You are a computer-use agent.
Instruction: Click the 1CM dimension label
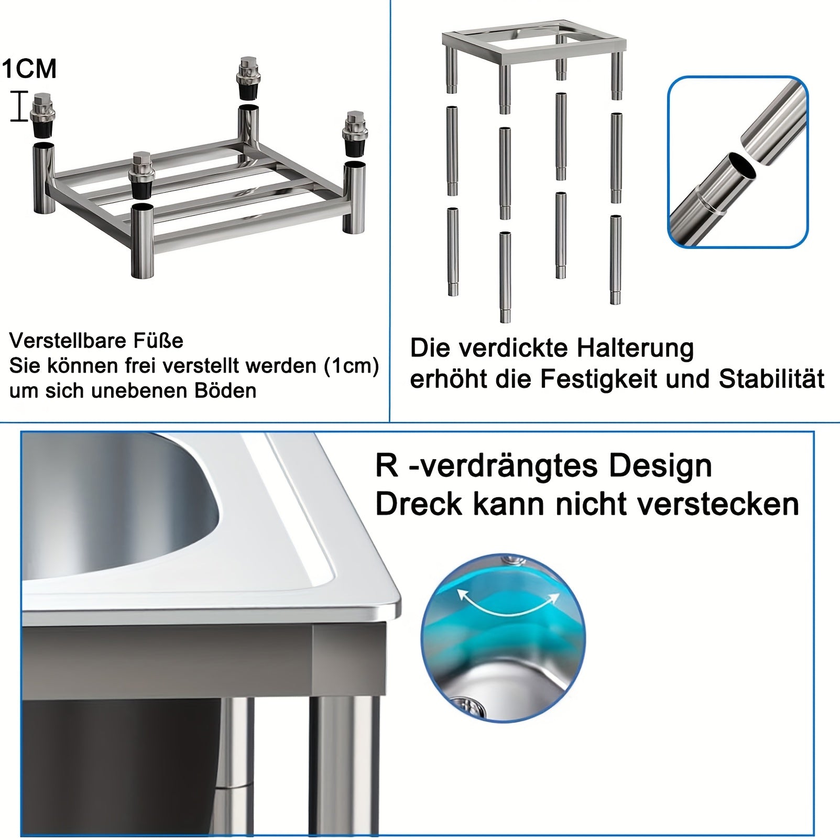point(29,69)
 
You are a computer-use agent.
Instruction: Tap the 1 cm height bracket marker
point(19,106)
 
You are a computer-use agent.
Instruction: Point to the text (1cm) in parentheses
point(352,366)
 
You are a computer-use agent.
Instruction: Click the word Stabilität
point(772,378)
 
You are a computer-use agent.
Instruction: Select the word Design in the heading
point(660,466)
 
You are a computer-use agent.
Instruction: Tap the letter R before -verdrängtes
point(387,465)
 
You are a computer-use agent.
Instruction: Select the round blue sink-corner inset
point(503,638)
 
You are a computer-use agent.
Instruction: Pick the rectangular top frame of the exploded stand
point(534,46)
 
